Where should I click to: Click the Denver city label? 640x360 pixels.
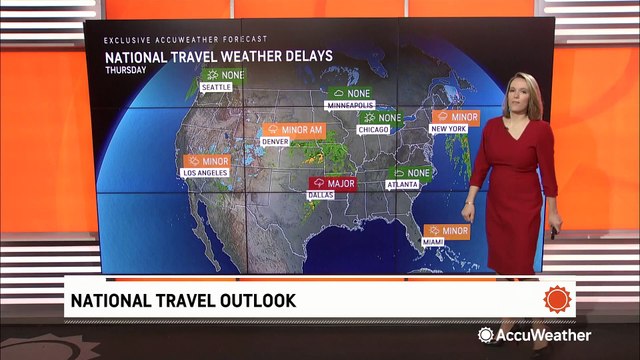tap(275, 142)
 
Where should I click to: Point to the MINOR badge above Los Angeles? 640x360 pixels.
tap(208, 160)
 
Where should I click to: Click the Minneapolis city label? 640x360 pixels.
tap(350, 105)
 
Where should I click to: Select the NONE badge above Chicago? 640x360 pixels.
tap(380, 118)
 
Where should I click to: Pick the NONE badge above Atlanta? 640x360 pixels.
tap(410, 173)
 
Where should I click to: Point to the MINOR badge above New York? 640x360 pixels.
tap(454, 117)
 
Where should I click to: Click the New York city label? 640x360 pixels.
tap(449, 130)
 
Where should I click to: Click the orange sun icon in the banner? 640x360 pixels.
tap(555, 298)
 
